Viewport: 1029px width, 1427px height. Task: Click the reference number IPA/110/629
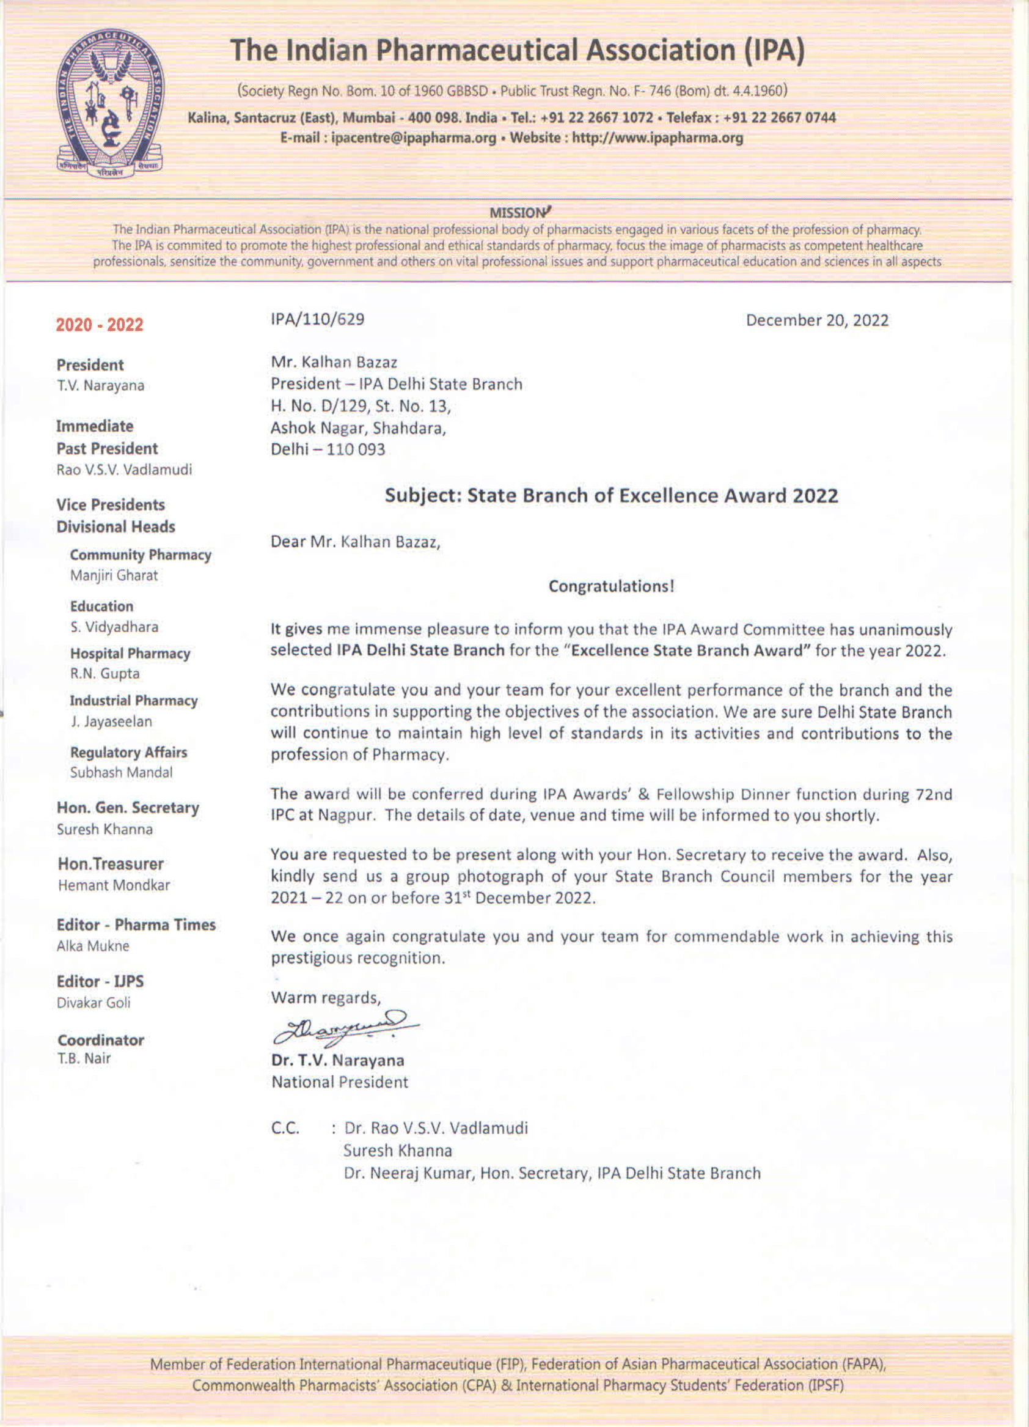click(x=317, y=319)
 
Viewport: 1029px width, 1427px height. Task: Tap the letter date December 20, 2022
click(x=816, y=320)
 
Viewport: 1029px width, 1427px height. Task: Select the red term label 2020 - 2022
click(x=100, y=325)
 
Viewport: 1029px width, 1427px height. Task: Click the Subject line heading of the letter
click(x=610, y=495)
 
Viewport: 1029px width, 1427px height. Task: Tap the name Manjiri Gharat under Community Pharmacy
click(x=114, y=575)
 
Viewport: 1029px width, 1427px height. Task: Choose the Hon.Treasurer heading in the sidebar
click(x=111, y=864)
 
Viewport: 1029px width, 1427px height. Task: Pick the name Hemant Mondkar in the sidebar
click(x=114, y=885)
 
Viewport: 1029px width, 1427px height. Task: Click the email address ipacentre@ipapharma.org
click(x=413, y=138)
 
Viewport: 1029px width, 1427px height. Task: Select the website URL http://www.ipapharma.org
click(x=657, y=138)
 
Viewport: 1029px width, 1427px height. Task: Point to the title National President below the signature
click(x=340, y=1082)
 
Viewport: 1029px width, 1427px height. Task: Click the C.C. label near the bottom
click(x=285, y=1127)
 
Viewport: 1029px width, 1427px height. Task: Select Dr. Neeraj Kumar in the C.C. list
click(x=408, y=1173)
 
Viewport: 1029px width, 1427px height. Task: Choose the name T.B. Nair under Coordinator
click(x=84, y=1058)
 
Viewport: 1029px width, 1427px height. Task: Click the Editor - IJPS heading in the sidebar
click(x=100, y=981)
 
